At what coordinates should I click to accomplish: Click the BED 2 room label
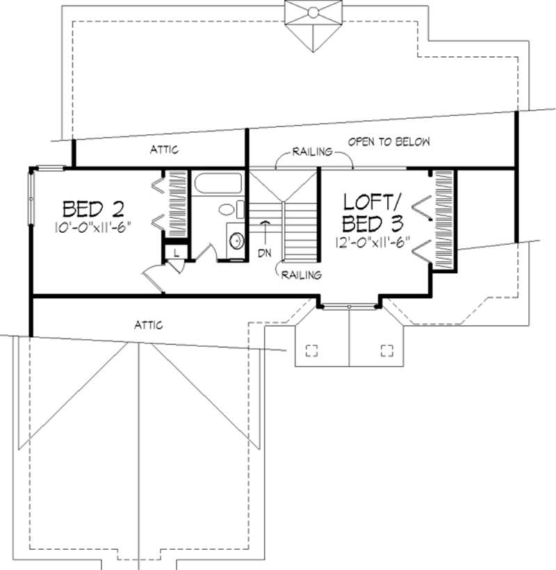(x=93, y=208)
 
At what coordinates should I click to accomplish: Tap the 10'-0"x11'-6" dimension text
(x=93, y=225)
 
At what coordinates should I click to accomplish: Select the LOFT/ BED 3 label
(x=372, y=213)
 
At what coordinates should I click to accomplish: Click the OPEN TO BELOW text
(x=389, y=142)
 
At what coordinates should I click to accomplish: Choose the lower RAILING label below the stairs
(x=302, y=275)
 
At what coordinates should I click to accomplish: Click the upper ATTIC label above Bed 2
(x=164, y=149)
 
